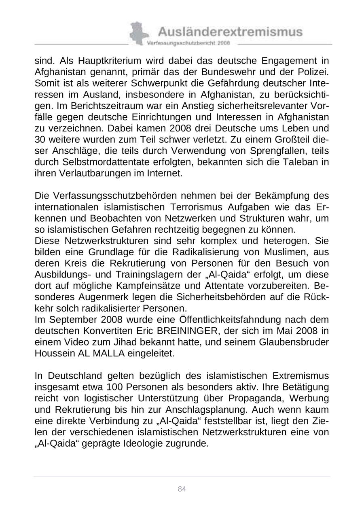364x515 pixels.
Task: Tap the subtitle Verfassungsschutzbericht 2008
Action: [x=188, y=42]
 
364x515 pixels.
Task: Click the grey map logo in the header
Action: [x=138, y=33]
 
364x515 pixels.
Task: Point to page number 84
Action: [x=182, y=489]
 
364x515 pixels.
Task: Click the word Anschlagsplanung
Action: [x=210, y=410]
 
